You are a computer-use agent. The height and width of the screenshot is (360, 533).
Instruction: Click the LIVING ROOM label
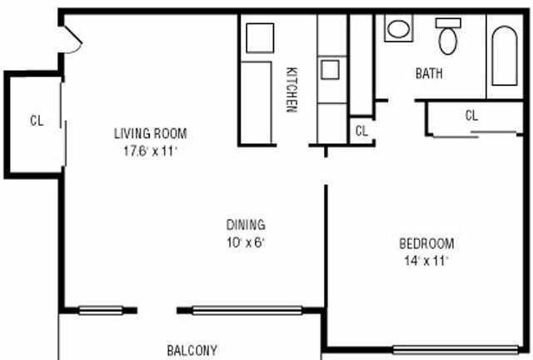151,133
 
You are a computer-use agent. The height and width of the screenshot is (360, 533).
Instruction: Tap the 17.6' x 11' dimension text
151,151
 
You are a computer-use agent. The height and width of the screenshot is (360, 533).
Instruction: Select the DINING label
246,225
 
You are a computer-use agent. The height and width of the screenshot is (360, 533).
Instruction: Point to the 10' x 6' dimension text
246,242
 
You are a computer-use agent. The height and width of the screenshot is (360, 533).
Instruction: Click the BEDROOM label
426,243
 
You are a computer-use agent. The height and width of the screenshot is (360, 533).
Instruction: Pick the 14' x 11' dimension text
426,261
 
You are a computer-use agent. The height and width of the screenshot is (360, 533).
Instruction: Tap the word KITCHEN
291,90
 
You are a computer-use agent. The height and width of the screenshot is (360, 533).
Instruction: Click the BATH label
429,73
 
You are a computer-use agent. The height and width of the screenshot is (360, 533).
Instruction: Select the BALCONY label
192,350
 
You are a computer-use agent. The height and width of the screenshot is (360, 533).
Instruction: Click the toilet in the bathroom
448,36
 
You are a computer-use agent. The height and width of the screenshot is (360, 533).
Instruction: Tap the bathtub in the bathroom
505,56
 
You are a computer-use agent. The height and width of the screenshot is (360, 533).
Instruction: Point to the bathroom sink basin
398,29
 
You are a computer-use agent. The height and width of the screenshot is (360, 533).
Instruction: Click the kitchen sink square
330,69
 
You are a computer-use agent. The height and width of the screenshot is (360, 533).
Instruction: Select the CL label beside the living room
37,121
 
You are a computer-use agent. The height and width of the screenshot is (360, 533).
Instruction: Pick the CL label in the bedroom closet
471,116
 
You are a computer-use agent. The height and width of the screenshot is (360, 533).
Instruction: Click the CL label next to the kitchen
361,131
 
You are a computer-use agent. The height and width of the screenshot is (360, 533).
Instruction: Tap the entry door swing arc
77,47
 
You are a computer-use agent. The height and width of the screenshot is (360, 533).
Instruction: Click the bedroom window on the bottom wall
456,350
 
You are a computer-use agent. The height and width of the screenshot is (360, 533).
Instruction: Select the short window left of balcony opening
101,311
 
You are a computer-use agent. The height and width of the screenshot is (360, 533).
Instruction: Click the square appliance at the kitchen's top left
260,38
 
